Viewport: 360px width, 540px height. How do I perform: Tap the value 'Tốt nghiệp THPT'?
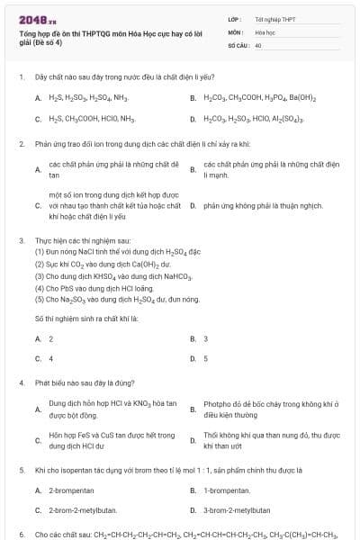click(275, 18)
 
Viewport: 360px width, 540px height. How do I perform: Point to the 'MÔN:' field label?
click(236, 31)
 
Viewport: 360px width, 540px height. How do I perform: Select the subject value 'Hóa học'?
click(265, 31)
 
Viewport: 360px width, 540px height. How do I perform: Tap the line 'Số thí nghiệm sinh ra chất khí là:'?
click(85, 319)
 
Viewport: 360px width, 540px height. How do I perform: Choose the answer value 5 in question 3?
click(206, 358)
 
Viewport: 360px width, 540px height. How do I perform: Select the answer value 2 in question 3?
click(50, 338)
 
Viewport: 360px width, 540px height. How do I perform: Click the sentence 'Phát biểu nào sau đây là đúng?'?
click(91, 382)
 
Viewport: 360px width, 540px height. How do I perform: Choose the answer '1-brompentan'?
click(227, 490)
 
